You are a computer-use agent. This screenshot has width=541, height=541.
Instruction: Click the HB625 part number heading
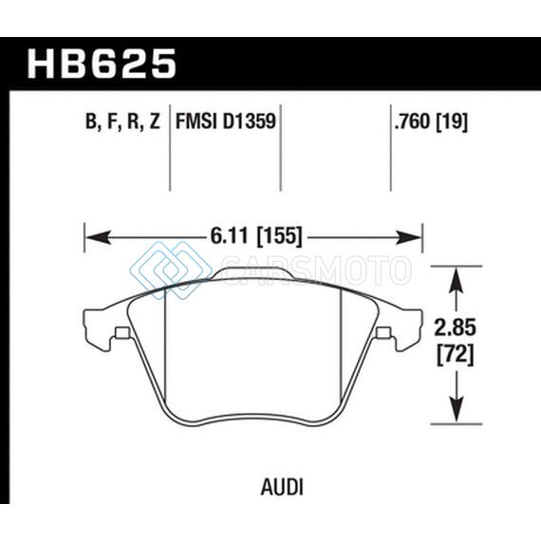pyautogui.click(x=102, y=64)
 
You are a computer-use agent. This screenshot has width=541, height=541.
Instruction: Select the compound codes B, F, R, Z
pyautogui.click(x=122, y=121)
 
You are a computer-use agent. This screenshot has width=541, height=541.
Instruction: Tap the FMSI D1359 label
pyautogui.click(x=226, y=121)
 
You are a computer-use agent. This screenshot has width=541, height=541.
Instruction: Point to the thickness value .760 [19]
pyautogui.click(x=431, y=121)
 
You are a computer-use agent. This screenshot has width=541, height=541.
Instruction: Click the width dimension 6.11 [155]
pyautogui.click(x=256, y=236)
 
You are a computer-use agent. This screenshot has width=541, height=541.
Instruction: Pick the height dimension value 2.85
pyautogui.click(x=455, y=327)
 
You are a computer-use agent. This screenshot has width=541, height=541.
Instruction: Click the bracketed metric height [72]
pyautogui.click(x=456, y=355)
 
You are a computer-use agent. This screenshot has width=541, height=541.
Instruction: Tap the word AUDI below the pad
pyautogui.click(x=282, y=488)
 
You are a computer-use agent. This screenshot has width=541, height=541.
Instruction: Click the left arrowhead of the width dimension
pyautogui.click(x=98, y=237)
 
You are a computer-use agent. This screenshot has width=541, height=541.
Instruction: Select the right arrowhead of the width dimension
pyautogui.click(x=409, y=237)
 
